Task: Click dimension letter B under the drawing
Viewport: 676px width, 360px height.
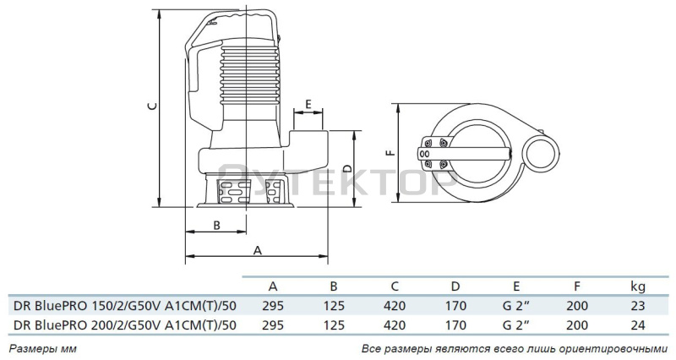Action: [217, 225]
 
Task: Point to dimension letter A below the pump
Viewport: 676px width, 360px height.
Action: [258, 250]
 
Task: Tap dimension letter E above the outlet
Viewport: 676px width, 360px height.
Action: [308, 104]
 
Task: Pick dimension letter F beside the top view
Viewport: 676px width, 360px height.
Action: [390, 153]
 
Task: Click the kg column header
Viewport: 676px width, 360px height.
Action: [638, 286]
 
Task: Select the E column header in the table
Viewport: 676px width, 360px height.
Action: [516, 286]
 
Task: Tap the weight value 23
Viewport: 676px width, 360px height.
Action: [638, 306]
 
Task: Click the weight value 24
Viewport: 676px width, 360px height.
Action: [638, 325]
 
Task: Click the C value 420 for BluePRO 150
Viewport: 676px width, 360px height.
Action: [395, 306]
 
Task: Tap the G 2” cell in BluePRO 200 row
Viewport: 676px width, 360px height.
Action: [516, 325]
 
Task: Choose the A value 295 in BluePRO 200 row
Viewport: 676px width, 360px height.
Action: [273, 325]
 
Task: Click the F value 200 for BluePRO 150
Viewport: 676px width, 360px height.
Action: [577, 306]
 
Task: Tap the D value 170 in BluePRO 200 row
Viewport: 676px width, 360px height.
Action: [455, 325]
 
